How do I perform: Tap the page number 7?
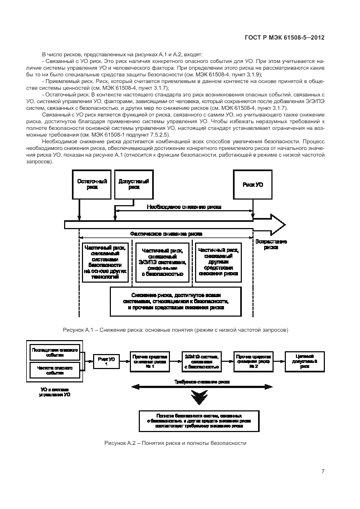(x=323, y=471)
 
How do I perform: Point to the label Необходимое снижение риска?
(x=184, y=207)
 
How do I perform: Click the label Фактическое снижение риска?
(x=166, y=234)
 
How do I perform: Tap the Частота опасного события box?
(x=54, y=371)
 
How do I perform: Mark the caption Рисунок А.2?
(x=175, y=443)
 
